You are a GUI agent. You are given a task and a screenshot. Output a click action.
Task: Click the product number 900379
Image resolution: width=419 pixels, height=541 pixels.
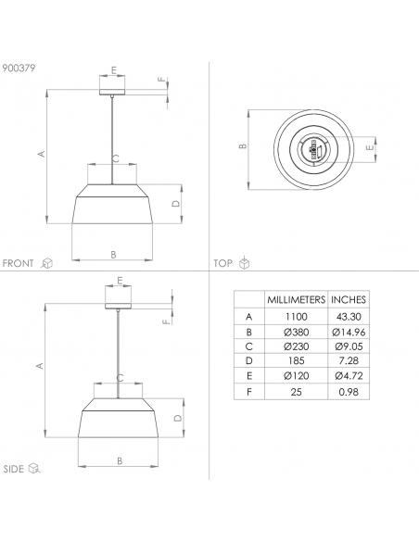click(19, 68)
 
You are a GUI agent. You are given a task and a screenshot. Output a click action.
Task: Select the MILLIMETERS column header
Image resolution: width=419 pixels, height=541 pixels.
click(296, 299)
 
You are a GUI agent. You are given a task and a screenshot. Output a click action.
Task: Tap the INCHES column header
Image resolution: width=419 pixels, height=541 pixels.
click(349, 299)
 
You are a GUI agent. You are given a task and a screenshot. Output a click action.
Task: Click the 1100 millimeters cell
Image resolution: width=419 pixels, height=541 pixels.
click(296, 317)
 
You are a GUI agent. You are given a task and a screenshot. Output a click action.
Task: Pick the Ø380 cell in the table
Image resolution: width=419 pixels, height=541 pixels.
click(296, 333)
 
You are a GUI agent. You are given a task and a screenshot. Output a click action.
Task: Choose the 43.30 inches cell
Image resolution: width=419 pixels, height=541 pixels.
click(349, 317)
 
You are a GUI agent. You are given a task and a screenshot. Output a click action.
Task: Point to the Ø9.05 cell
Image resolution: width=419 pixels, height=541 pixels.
click(349, 346)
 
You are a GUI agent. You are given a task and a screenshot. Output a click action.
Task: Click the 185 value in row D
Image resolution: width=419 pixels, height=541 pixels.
click(296, 361)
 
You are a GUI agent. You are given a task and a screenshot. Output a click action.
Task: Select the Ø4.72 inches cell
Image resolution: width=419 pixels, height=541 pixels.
click(349, 376)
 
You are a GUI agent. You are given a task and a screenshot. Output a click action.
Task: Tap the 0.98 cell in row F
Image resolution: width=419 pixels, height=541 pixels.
click(349, 392)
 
